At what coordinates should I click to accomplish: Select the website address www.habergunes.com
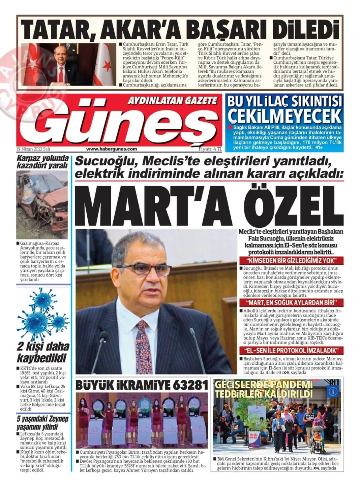click(111, 149)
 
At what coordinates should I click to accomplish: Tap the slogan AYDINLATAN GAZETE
click(172, 100)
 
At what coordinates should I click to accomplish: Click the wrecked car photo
click(42, 204)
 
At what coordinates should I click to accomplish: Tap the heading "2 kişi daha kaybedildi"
click(43, 352)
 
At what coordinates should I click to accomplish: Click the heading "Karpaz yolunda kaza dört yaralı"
click(42, 162)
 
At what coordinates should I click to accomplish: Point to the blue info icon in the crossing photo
click(333, 391)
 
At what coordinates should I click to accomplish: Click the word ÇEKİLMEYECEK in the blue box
click(284, 116)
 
